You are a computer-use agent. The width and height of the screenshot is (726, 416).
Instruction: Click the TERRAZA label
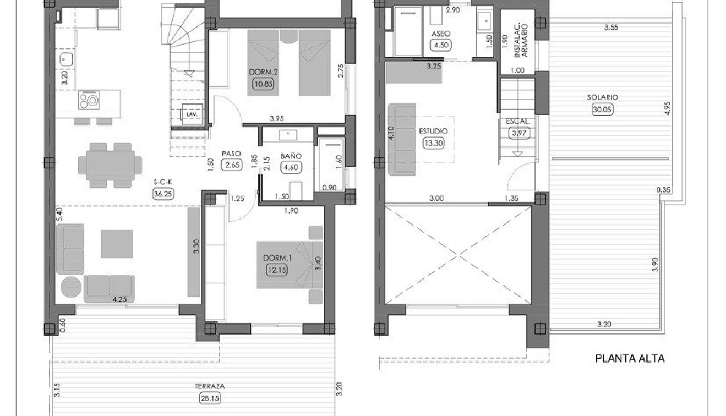click(x=211, y=386)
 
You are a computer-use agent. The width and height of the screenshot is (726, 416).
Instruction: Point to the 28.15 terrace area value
click(x=211, y=399)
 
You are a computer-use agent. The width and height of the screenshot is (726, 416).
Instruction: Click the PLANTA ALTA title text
click(x=630, y=359)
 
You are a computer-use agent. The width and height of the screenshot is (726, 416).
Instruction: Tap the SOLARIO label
click(x=602, y=97)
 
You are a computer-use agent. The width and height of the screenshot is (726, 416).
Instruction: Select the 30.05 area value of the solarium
click(x=602, y=109)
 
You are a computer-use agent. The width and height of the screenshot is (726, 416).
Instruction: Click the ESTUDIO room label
click(x=433, y=132)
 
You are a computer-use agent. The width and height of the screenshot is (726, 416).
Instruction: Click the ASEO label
click(x=441, y=34)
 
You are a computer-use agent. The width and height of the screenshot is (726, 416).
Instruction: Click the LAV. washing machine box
click(x=192, y=114)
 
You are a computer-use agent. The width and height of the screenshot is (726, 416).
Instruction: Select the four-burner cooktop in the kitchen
click(x=88, y=101)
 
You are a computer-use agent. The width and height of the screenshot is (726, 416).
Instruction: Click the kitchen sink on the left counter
click(x=64, y=58)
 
